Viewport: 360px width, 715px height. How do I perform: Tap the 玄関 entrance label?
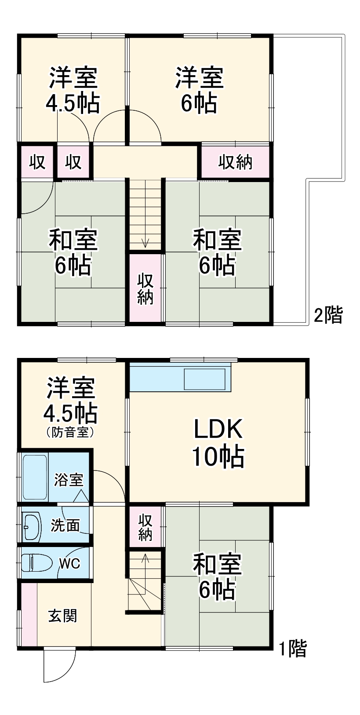[63, 616]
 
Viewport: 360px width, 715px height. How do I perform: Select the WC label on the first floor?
[69, 563]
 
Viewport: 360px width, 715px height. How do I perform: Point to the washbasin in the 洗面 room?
[31, 526]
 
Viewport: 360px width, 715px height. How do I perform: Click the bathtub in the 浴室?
[35, 477]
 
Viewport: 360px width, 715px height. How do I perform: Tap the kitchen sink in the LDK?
[205, 379]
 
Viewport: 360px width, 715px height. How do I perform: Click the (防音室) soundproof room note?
[70, 432]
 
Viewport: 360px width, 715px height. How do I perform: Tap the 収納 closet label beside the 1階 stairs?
[145, 527]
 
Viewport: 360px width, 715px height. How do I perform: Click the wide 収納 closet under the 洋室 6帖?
[236, 162]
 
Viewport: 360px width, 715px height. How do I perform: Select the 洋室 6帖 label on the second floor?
[199, 90]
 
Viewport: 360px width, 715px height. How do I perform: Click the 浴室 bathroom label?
[69, 480]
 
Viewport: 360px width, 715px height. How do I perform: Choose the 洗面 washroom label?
[65, 525]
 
